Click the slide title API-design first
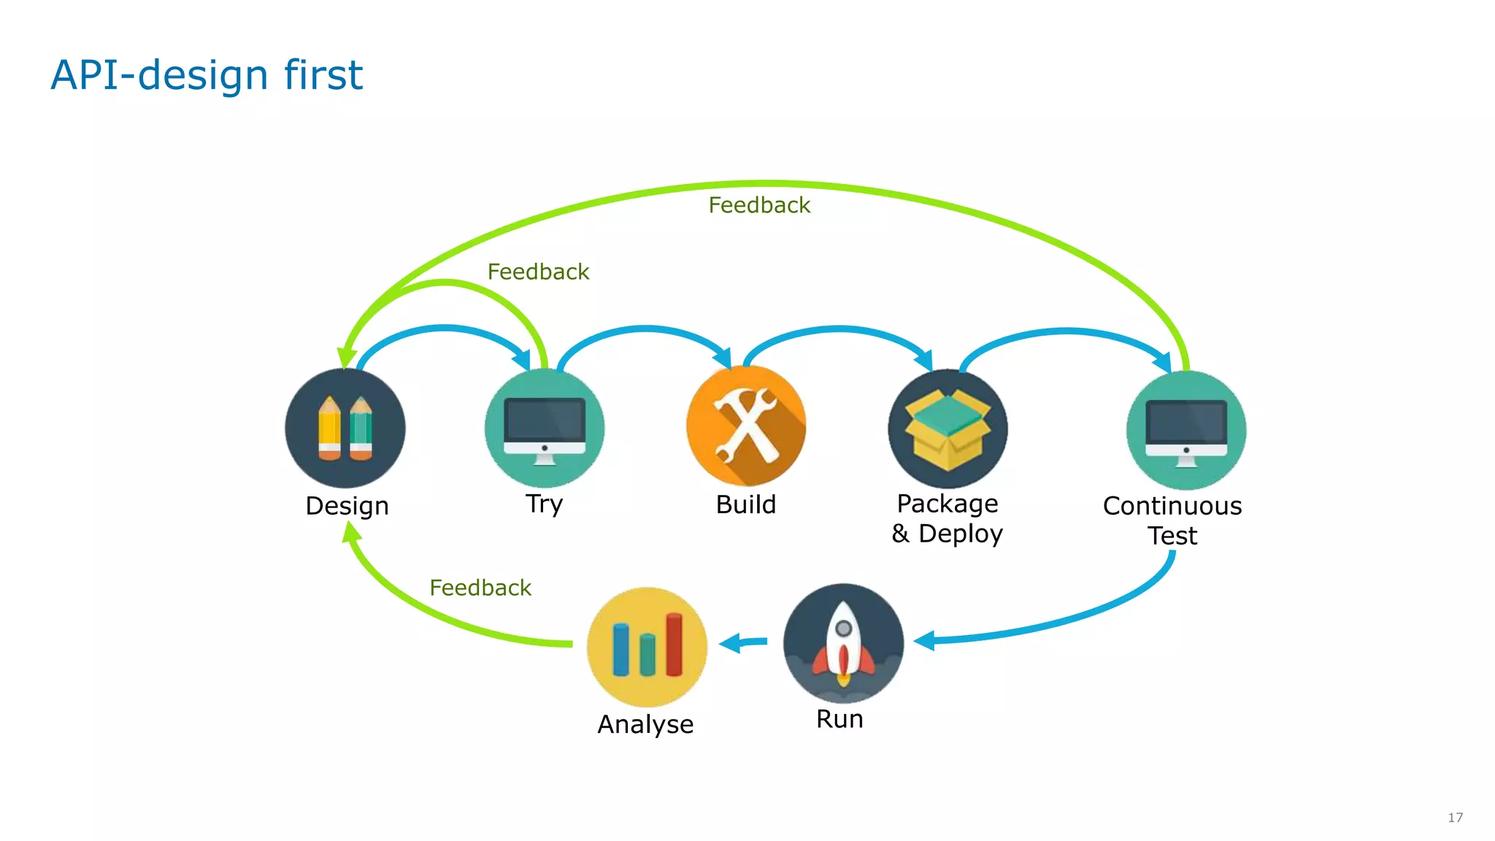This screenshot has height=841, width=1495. (x=207, y=75)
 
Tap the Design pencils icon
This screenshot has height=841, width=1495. (x=345, y=428)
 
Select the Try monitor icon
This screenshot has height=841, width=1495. (x=545, y=428)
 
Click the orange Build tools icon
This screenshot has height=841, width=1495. (x=746, y=426)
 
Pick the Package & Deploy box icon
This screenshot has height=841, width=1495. (x=948, y=429)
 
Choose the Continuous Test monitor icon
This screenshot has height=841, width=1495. (x=1186, y=430)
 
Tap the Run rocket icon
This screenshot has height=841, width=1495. (x=843, y=643)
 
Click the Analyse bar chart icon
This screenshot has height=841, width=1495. (x=647, y=646)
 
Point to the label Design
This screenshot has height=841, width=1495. (x=347, y=506)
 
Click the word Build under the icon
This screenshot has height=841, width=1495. (x=745, y=504)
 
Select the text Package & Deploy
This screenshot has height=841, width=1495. (x=947, y=518)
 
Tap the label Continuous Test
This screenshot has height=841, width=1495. (x=1172, y=521)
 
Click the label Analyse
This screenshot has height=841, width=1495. (x=645, y=724)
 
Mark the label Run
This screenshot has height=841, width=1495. (x=839, y=719)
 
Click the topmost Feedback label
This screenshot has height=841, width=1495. (x=759, y=205)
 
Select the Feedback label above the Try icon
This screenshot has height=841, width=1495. (x=538, y=272)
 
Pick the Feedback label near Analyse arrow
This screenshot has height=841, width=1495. (x=480, y=588)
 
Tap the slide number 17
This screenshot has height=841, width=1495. (x=1455, y=818)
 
